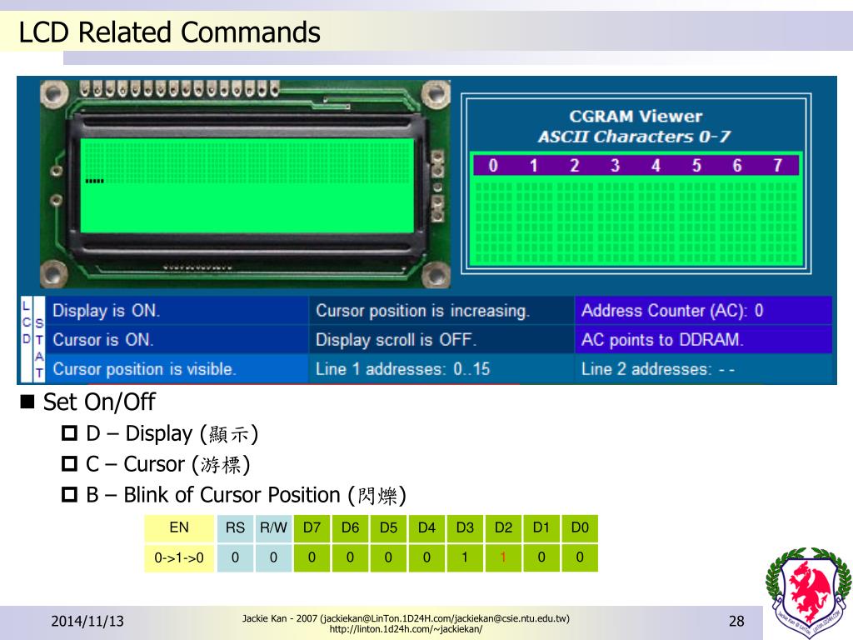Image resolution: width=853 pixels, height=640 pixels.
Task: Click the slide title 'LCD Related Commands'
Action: (169, 32)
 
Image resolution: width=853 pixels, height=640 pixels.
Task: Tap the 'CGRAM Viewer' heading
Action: (635, 117)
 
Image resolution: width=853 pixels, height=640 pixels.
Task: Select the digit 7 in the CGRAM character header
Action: (777, 165)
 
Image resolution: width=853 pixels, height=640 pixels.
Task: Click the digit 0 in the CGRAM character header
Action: (492, 165)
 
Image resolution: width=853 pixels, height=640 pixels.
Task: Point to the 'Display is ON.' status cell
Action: (106, 311)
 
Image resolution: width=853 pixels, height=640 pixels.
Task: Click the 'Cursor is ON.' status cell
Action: (102, 340)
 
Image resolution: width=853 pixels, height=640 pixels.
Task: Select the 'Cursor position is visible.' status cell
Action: (144, 369)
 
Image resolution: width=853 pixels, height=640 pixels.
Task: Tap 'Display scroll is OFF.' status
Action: (396, 340)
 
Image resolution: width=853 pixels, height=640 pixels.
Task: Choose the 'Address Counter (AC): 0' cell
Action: (671, 311)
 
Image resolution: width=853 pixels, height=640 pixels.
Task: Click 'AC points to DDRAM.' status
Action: (662, 340)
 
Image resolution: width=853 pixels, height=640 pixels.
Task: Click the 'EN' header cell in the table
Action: (179, 527)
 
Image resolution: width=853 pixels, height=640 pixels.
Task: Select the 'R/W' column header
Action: (273, 527)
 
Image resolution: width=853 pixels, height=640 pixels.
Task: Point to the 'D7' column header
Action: (312, 527)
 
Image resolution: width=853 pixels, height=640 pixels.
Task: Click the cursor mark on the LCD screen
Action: (94, 181)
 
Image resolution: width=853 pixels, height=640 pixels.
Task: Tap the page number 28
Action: (736, 622)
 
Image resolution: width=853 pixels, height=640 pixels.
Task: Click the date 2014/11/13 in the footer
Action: (87, 622)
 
